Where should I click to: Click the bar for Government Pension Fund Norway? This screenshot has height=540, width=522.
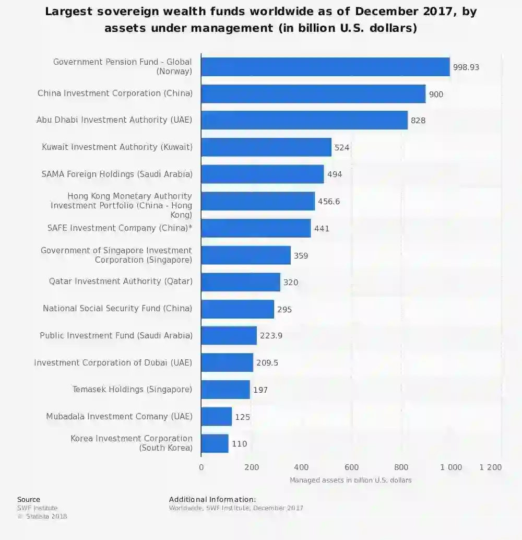pos(325,67)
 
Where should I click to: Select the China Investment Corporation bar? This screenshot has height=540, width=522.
pos(313,94)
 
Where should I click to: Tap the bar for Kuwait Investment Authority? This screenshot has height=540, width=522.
pos(266,147)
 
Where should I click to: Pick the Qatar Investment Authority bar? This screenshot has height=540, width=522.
pos(240,282)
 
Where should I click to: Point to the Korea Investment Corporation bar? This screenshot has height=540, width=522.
pos(215,443)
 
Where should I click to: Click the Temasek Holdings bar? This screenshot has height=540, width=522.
pos(225,390)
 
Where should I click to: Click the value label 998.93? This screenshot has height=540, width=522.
pos(466,67)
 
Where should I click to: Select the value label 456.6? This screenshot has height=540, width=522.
pos(329,202)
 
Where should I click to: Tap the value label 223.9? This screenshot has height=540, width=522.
pos(271,336)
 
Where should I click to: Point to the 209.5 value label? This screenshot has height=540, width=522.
pos(267,363)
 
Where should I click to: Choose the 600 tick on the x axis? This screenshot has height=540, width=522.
pos(351,467)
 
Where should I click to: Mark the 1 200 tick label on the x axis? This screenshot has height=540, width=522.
pos(490,467)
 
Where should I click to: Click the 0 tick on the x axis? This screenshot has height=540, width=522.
pos(201,467)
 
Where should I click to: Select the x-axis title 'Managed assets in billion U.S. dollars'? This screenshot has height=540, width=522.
pos(350,480)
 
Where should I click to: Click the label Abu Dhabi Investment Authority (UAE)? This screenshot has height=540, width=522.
pos(114,120)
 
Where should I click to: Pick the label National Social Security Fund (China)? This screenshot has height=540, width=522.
pos(117,309)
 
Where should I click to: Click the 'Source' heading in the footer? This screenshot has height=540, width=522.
pos(29,500)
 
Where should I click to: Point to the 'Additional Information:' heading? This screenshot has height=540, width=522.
pos(212,500)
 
